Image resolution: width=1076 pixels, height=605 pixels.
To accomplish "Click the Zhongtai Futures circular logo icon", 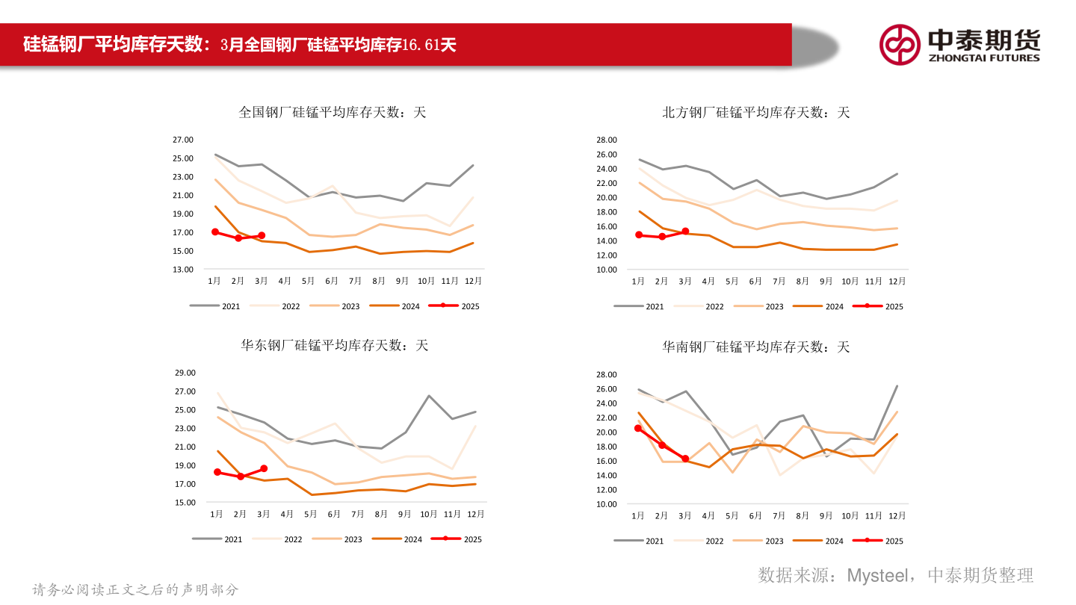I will pyautogui.click(x=900, y=44).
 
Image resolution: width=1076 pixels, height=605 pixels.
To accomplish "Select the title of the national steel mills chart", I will pyautogui.click(x=332, y=112).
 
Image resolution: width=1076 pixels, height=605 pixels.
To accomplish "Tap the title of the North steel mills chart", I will pyautogui.click(x=755, y=112).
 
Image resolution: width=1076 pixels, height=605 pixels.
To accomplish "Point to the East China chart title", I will pyautogui.click(x=334, y=345).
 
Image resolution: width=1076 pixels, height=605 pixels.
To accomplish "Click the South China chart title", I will pyautogui.click(x=755, y=347).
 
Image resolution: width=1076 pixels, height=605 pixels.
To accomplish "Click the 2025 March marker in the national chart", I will pyautogui.click(x=262, y=235).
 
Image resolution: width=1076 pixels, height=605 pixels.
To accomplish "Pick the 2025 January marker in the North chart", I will pyautogui.click(x=639, y=235).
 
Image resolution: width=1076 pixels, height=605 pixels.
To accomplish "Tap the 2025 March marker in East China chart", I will pyautogui.click(x=264, y=468).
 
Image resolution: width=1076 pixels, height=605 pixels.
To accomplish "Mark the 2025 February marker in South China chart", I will pyautogui.click(x=662, y=445).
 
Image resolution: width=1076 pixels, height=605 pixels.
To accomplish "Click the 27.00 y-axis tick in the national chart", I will pyautogui.click(x=183, y=140).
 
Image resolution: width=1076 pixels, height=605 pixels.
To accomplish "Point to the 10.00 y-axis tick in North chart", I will pyautogui.click(x=607, y=270).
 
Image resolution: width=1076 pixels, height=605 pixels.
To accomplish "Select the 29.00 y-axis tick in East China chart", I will pyautogui.click(x=185, y=373).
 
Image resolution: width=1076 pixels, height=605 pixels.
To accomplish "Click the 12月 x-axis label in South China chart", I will pyautogui.click(x=897, y=515).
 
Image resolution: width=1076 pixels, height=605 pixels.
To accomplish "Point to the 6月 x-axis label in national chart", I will pyautogui.click(x=332, y=281).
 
